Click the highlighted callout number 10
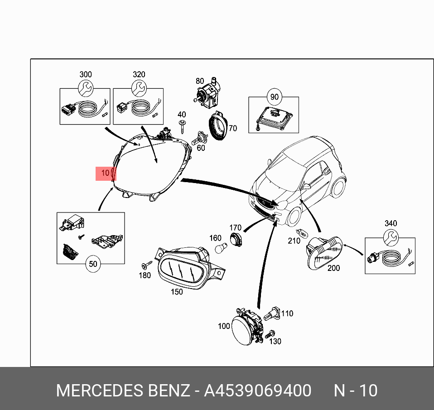[x=105, y=173]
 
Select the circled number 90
[x=274, y=97]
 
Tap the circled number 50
[x=93, y=265]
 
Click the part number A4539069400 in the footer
[x=257, y=391]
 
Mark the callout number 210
[x=294, y=241]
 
